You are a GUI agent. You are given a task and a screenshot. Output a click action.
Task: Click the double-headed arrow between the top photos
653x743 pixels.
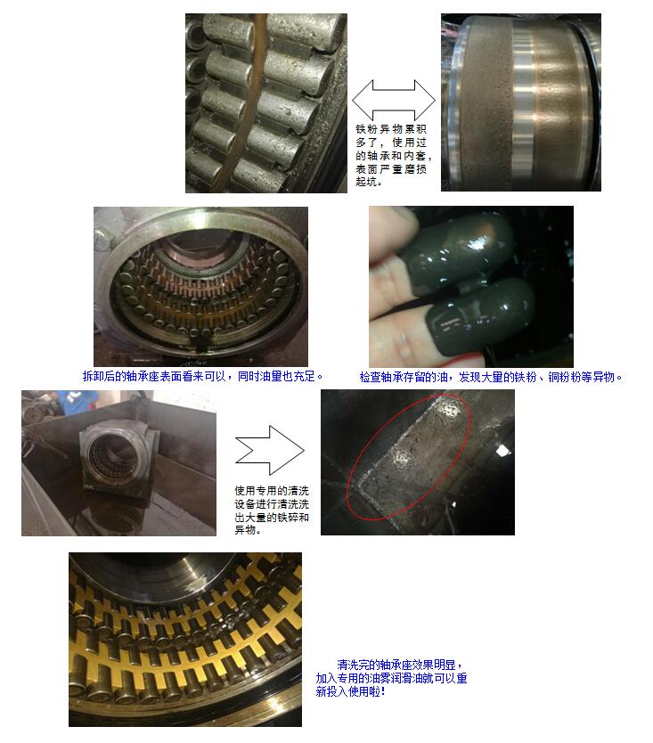394,100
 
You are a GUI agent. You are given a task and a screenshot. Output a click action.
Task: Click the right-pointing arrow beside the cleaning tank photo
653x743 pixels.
270,450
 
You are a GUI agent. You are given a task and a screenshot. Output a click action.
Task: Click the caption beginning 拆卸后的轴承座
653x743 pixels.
203,376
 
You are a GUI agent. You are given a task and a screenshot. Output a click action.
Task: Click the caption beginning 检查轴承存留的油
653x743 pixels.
491,377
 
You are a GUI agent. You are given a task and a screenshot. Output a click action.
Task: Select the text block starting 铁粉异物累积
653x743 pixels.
391,155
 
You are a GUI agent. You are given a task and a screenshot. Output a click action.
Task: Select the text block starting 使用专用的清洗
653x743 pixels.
272,510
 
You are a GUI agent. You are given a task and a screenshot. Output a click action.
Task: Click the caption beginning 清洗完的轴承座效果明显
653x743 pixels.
391,678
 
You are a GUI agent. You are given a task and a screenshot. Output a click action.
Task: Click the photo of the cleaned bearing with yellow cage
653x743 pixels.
185,640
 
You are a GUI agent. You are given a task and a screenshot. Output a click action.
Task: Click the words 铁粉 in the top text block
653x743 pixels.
367,129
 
